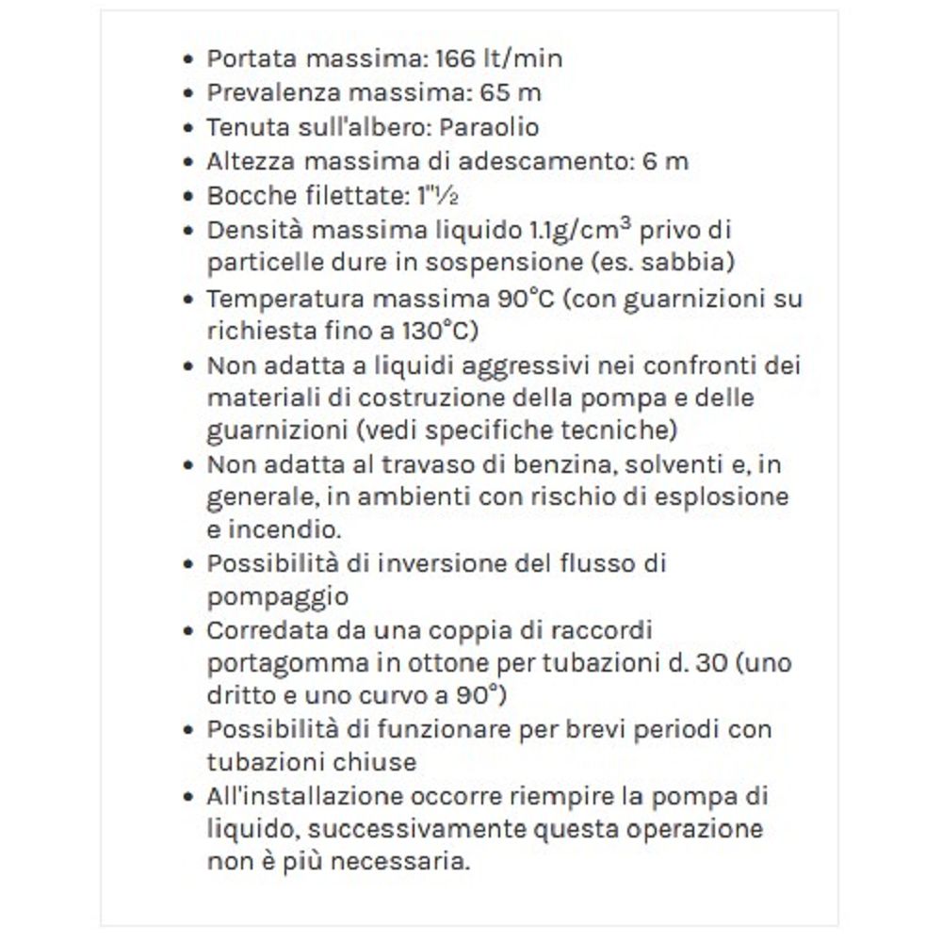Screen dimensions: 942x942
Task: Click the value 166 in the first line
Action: pyautogui.click(x=457, y=58)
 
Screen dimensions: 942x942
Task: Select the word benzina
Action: pyautogui.click(x=539, y=464)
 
